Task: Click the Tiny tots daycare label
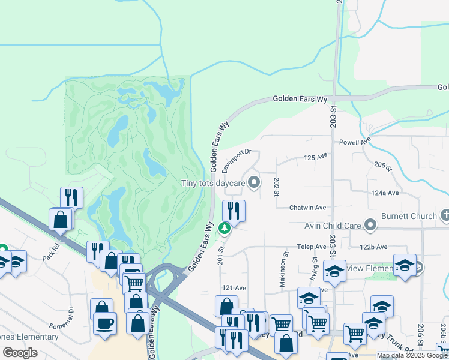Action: click(214, 182)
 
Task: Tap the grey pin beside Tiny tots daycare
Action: click(255, 182)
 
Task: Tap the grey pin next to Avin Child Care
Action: click(370, 226)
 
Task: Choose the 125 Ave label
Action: click(315, 157)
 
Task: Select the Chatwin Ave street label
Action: click(307, 208)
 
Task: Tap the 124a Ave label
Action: click(385, 193)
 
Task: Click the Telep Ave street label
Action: click(311, 247)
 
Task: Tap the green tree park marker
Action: click(224, 229)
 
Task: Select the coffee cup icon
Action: click(105, 324)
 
